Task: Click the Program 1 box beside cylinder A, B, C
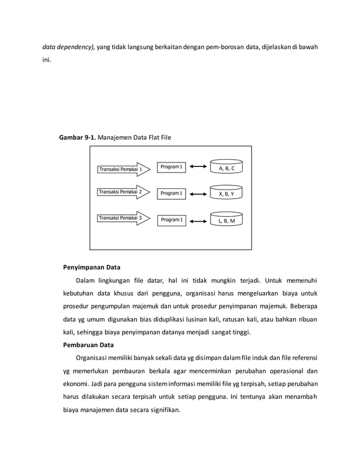[x=171, y=167]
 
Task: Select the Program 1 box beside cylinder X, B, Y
[x=171, y=194]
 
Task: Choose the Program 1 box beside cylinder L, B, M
[x=171, y=219]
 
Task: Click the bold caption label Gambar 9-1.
[x=78, y=137]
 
